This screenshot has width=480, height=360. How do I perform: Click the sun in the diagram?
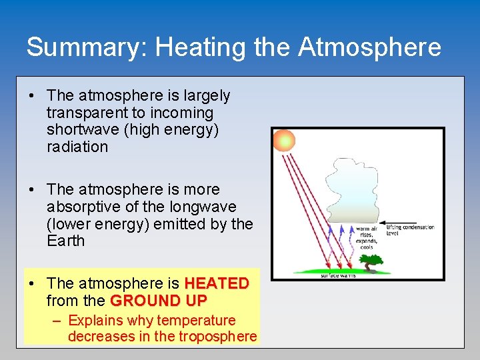(284, 140)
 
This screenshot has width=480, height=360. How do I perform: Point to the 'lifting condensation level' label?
(410, 230)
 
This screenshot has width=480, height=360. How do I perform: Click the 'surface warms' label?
(338, 275)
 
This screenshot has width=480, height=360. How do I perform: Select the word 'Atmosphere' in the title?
(369, 47)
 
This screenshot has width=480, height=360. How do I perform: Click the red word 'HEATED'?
(216, 283)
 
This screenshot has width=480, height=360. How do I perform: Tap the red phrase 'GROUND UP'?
(159, 301)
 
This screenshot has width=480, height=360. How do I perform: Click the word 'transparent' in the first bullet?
(84, 113)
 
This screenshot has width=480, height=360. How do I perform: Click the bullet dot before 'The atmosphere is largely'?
(32, 96)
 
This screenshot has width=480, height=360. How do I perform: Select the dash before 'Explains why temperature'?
(58, 321)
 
